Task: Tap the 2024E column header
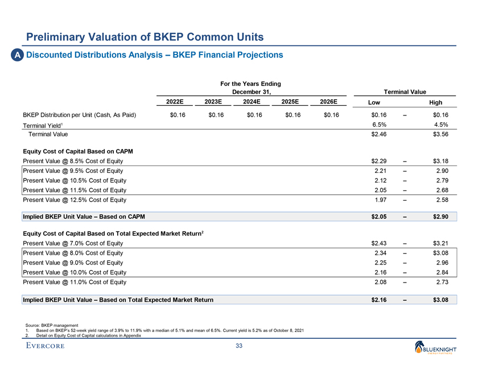[x=251, y=102]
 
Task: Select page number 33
[x=239, y=347]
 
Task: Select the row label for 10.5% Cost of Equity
[x=73, y=181]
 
